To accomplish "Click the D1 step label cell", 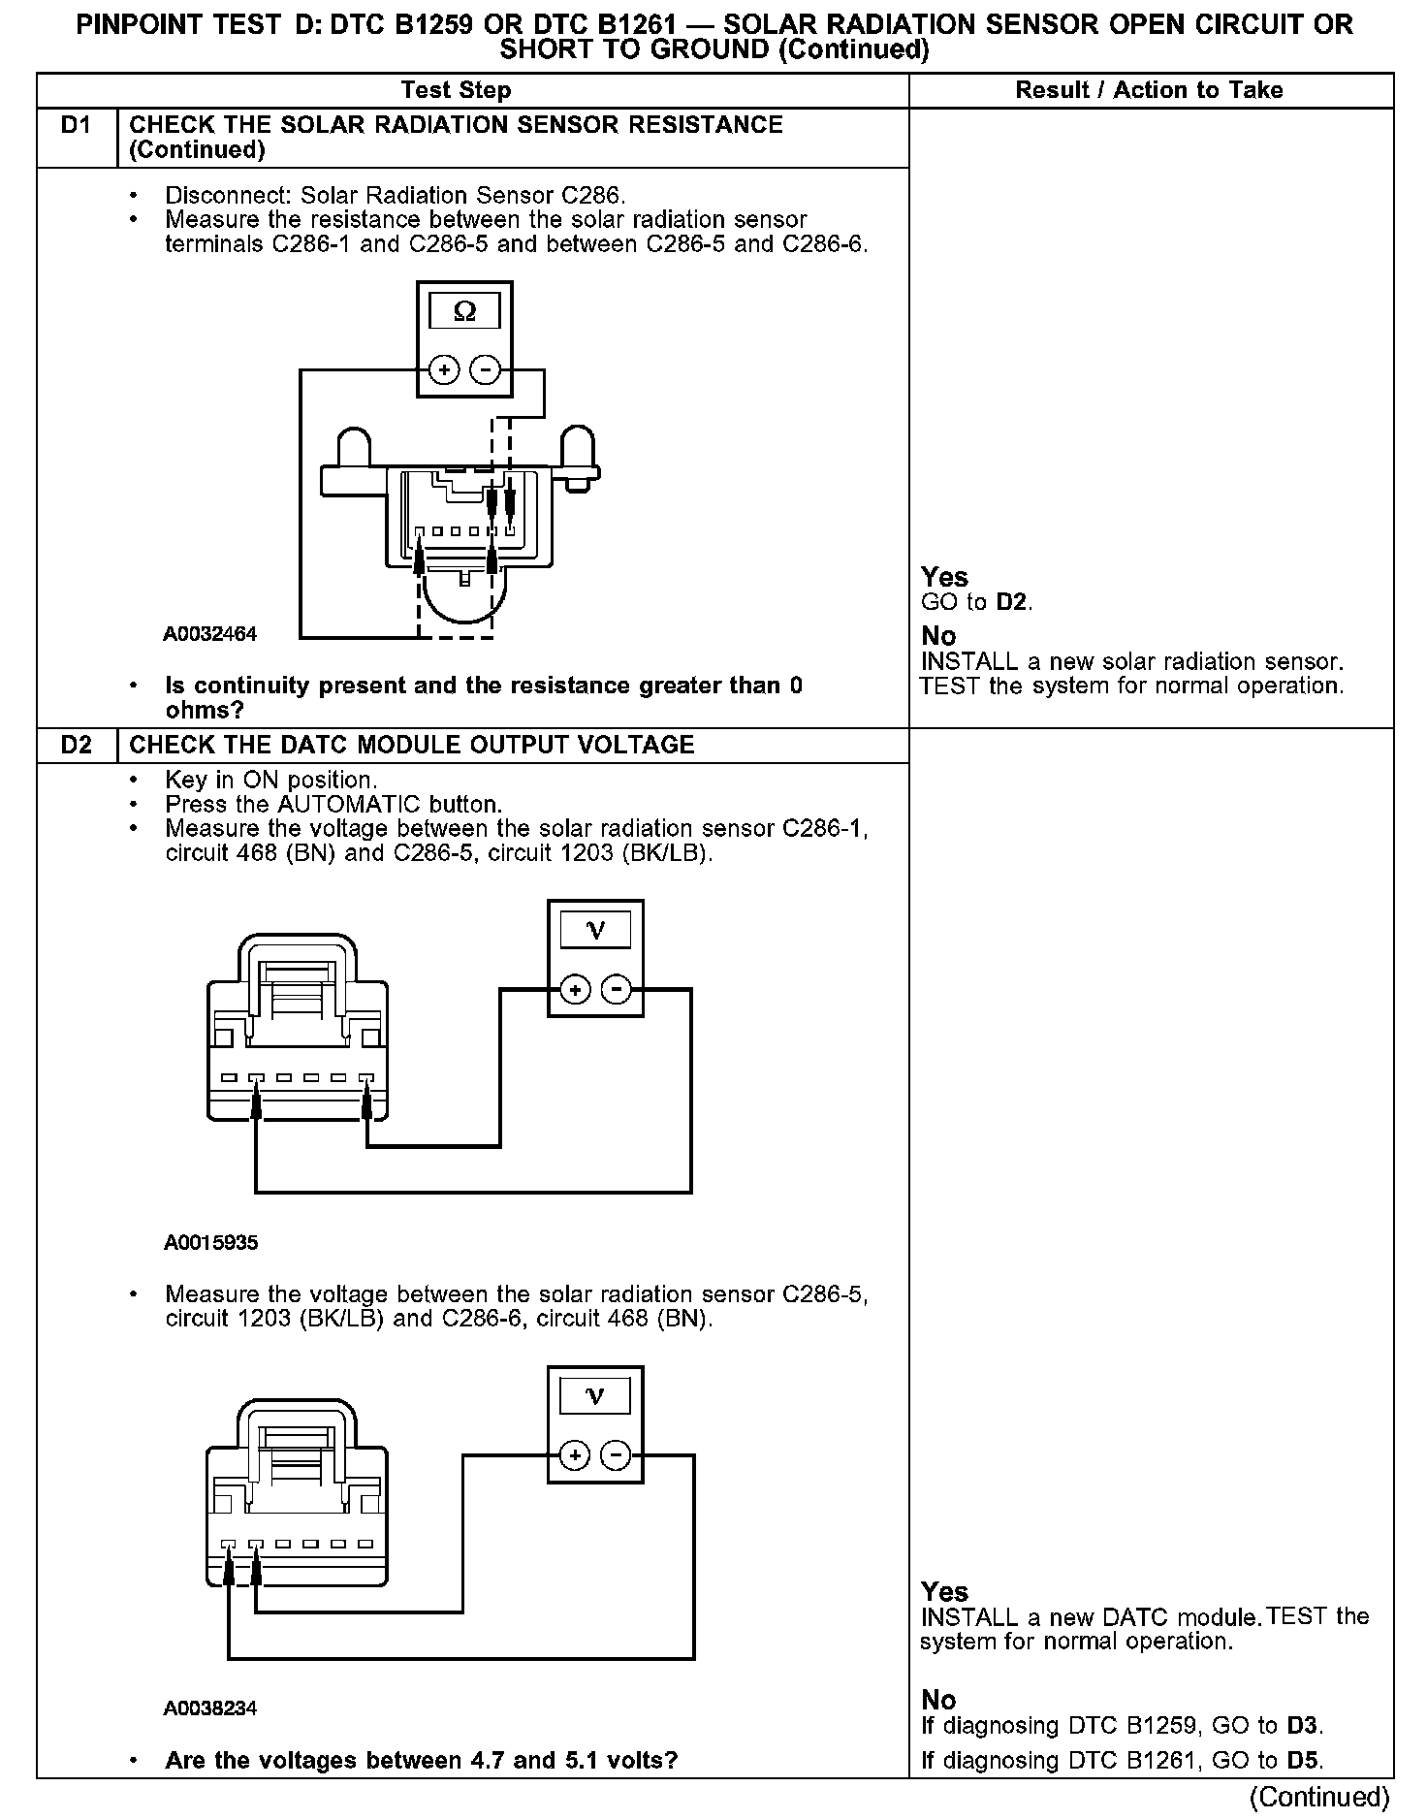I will click(x=76, y=126).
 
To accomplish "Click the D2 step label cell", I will click(x=76, y=745).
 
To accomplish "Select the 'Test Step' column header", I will click(x=456, y=90).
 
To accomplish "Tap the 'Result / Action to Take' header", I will click(x=1149, y=90).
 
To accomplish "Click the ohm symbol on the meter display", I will click(x=464, y=311).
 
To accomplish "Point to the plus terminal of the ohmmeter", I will click(x=444, y=369).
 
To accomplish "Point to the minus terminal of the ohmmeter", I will click(x=486, y=369).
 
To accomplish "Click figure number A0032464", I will click(x=209, y=634).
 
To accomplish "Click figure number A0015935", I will click(x=210, y=1242).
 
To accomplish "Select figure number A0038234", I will click(x=209, y=1707).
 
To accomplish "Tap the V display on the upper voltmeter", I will click(x=595, y=932).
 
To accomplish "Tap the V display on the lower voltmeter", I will click(x=595, y=1397).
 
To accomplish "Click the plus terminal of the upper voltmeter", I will click(x=575, y=990).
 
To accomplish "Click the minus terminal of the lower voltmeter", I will click(x=617, y=1455).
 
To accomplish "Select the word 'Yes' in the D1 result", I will click(x=944, y=577).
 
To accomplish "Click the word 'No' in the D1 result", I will click(x=938, y=636).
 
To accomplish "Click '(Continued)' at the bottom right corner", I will click(x=1319, y=1797).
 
